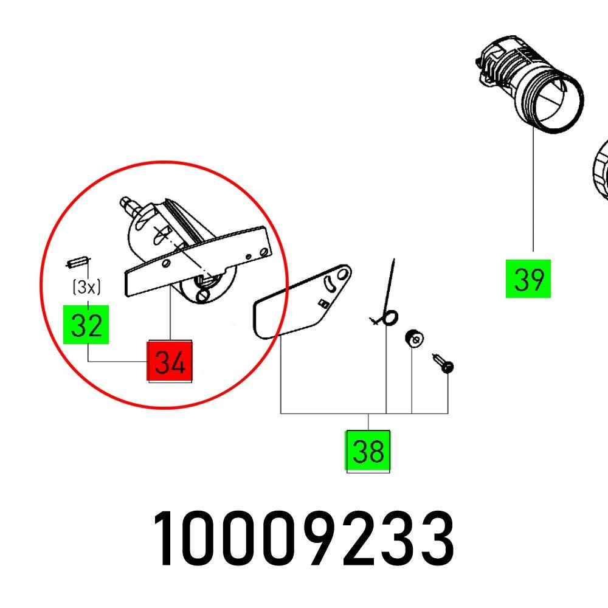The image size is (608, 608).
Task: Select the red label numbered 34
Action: click(170, 362)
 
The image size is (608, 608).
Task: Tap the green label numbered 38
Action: click(368, 452)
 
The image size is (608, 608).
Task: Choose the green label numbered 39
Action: click(528, 279)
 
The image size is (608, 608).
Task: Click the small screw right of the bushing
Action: click(444, 363)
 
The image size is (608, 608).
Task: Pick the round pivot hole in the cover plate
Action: click(344, 274)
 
